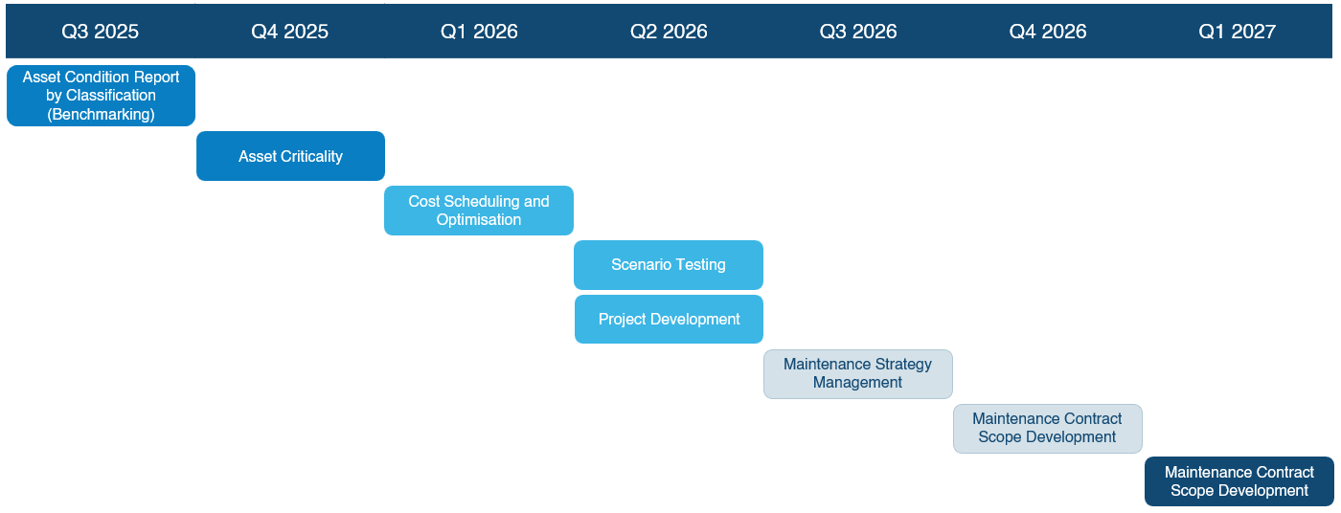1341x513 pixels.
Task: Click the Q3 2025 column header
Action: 100,31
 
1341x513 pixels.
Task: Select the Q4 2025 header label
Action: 289,31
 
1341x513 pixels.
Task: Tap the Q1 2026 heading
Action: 479,31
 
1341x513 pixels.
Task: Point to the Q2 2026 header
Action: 669,31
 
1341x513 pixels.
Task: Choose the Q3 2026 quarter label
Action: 858,31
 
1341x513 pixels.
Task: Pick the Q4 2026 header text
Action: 1048,31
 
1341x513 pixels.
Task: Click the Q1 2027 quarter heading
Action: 1237,31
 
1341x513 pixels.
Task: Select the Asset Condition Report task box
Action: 101,96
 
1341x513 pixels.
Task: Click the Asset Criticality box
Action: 290,156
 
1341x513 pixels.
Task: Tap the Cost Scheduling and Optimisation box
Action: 479,211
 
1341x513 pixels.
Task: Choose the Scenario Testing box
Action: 669,265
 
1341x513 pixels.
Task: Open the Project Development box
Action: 669,320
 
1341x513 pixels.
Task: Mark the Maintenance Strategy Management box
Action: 858,374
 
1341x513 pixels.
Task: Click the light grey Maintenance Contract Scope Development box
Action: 1048,429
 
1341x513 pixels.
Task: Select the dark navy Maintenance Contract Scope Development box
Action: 1239,481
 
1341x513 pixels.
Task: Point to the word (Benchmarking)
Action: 101,114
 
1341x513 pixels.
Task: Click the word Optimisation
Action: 478,220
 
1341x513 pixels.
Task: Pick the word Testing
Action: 697,265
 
